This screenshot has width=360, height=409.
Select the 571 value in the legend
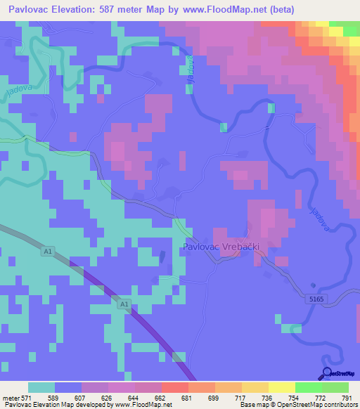click(x=27, y=397)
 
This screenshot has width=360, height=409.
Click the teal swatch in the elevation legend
click(x=41, y=387)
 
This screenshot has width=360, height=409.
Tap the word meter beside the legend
click(x=11, y=397)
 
